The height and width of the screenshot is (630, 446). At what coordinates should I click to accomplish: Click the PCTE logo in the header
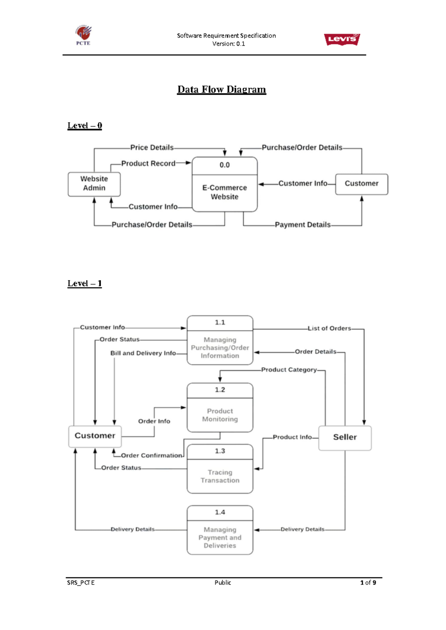coord(83,35)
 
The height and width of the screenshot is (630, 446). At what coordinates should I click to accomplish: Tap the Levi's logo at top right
coord(342,39)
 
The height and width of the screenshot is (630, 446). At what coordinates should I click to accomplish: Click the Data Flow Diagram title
coord(222,90)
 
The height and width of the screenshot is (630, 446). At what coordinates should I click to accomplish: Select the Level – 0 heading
coord(84,126)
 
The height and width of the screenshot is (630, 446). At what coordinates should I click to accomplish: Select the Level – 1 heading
coord(84,283)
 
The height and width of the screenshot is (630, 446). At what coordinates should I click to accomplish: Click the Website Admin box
coord(94,184)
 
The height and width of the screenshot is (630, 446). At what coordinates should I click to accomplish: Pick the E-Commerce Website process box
coord(224,185)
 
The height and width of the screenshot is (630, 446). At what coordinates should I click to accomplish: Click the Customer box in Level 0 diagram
coord(361,184)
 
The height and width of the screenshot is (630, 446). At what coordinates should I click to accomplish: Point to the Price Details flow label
coord(152,147)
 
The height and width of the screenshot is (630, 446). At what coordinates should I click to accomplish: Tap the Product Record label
coord(148,163)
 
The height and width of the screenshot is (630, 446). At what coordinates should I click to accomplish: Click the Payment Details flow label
coord(303,225)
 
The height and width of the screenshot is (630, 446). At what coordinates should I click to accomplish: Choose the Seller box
coord(345,438)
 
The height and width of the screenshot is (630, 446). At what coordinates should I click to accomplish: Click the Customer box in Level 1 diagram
coord(95,436)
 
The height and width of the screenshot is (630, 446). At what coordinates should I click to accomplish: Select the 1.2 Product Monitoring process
coord(220,408)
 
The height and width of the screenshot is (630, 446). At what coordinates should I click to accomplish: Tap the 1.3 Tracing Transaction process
coord(220,469)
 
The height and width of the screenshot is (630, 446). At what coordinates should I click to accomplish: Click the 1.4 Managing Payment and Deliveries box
coord(220,530)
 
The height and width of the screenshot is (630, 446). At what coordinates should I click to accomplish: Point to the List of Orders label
coord(329,328)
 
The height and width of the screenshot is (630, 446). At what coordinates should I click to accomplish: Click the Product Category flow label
coord(289,370)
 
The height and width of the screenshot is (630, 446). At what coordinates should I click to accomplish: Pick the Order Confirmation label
coord(151,455)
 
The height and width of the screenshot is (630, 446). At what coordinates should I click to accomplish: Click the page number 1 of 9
coord(368,582)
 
